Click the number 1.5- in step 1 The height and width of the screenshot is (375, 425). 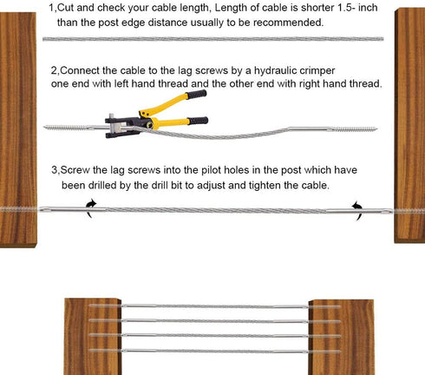pyautogui.click(x=346, y=8)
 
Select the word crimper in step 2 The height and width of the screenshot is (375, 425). pyautogui.click(x=317, y=71)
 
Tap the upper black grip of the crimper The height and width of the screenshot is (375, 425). pyautogui.click(x=197, y=95)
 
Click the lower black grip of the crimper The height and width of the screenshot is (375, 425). pyautogui.click(x=198, y=121)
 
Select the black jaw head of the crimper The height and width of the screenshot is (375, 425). pyautogui.click(x=123, y=126)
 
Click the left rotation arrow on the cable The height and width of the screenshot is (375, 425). pyautogui.click(x=91, y=208)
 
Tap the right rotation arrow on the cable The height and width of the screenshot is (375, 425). pyautogui.click(x=357, y=210)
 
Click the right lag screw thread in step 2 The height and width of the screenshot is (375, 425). pyautogui.click(x=354, y=129)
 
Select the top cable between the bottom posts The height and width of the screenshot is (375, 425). pyautogui.click(x=214, y=306)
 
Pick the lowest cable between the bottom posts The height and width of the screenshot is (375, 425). pyautogui.click(x=214, y=352)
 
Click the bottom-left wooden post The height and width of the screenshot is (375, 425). pyautogui.click(x=93, y=337)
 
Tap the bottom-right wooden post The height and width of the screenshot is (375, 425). pyautogui.click(x=341, y=337)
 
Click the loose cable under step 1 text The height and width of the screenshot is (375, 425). pyautogui.click(x=213, y=39)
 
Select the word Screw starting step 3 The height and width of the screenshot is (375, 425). pyautogui.click(x=75, y=170)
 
